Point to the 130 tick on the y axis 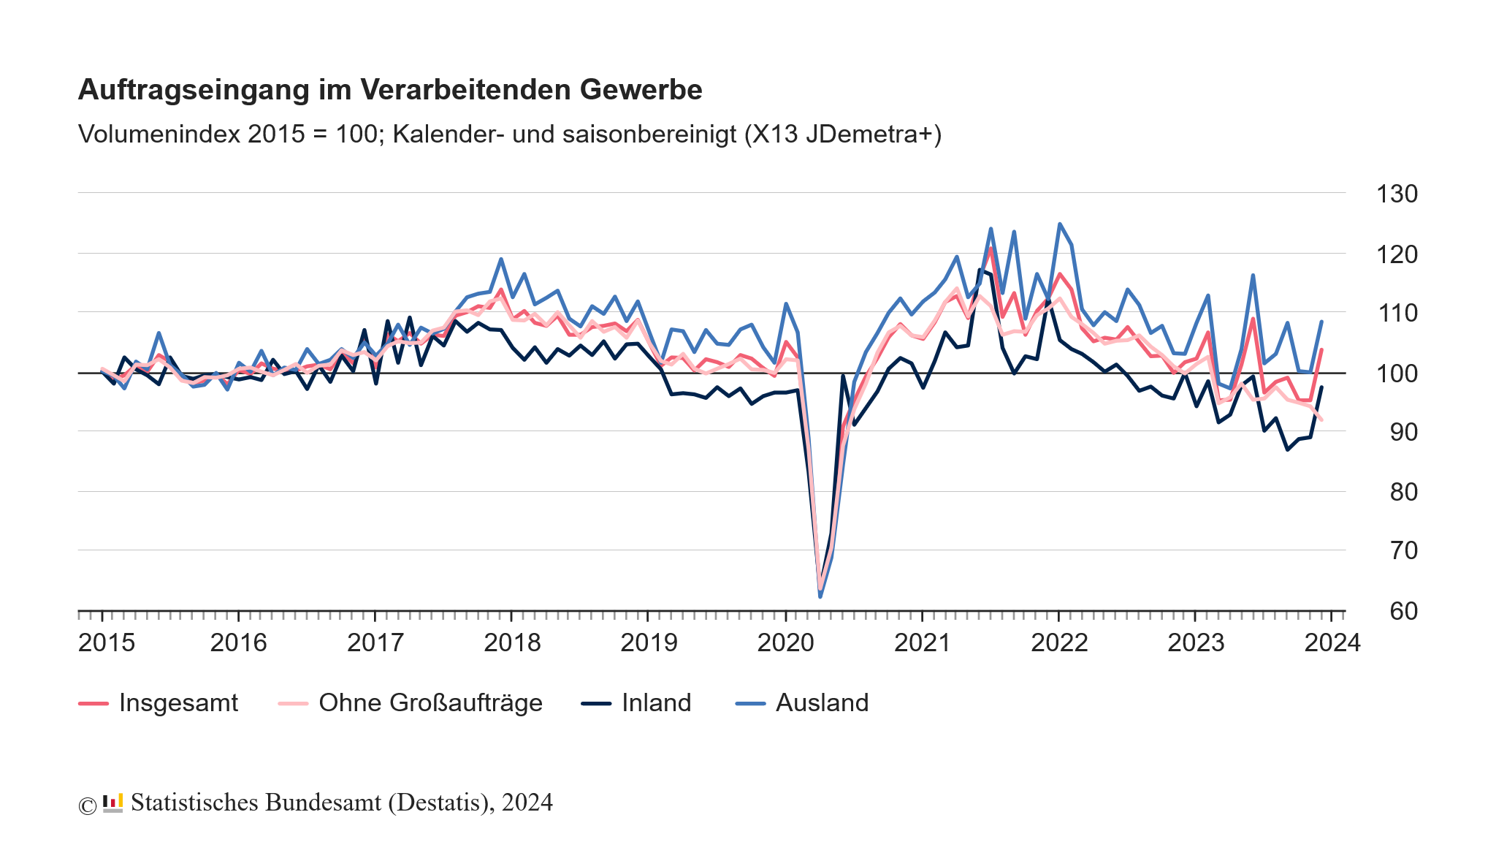tap(1396, 194)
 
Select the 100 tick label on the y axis tap(1396, 373)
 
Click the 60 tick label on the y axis tap(1402, 611)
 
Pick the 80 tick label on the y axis tap(1402, 492)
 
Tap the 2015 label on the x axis tap(107, 642)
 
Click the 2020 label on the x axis tap(785, 642)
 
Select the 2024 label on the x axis tap(1332, 642)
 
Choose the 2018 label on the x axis tap(512, 642)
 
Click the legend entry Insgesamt tap(178, 702)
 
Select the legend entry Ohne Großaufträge tap(430, 702)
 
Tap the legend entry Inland tap(655, 702)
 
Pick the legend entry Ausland tap(821, 702)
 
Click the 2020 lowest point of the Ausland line tap(820, 597)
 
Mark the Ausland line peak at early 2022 tap(1059, 224)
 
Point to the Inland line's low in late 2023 tap(1287, 450)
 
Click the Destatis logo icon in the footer tap(112, 803)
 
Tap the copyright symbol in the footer tap(87, 805)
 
